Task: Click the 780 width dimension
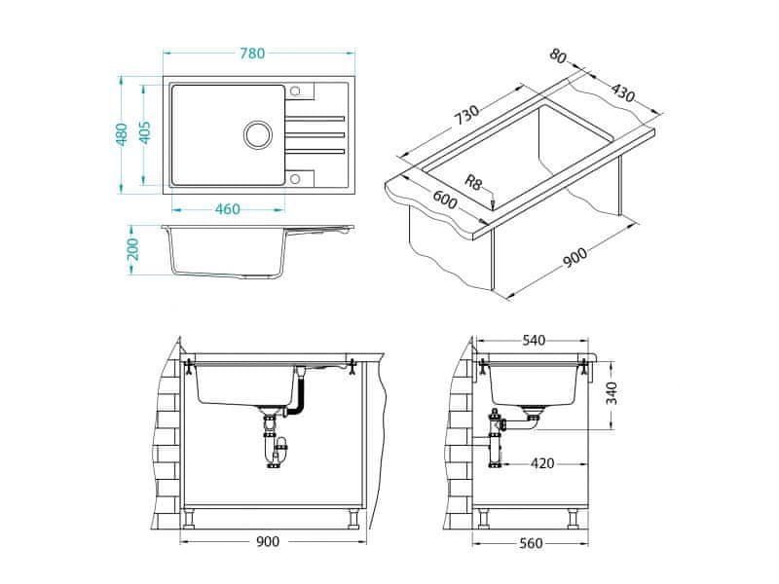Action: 252,54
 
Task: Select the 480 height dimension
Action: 121,134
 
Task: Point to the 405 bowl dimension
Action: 144,133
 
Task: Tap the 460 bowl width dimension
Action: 227,209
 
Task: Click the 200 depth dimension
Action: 132,249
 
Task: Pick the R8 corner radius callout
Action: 473,181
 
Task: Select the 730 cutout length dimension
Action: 467,116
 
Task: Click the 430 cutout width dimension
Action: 622,91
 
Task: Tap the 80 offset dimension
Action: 558,55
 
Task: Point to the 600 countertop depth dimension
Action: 444,200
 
